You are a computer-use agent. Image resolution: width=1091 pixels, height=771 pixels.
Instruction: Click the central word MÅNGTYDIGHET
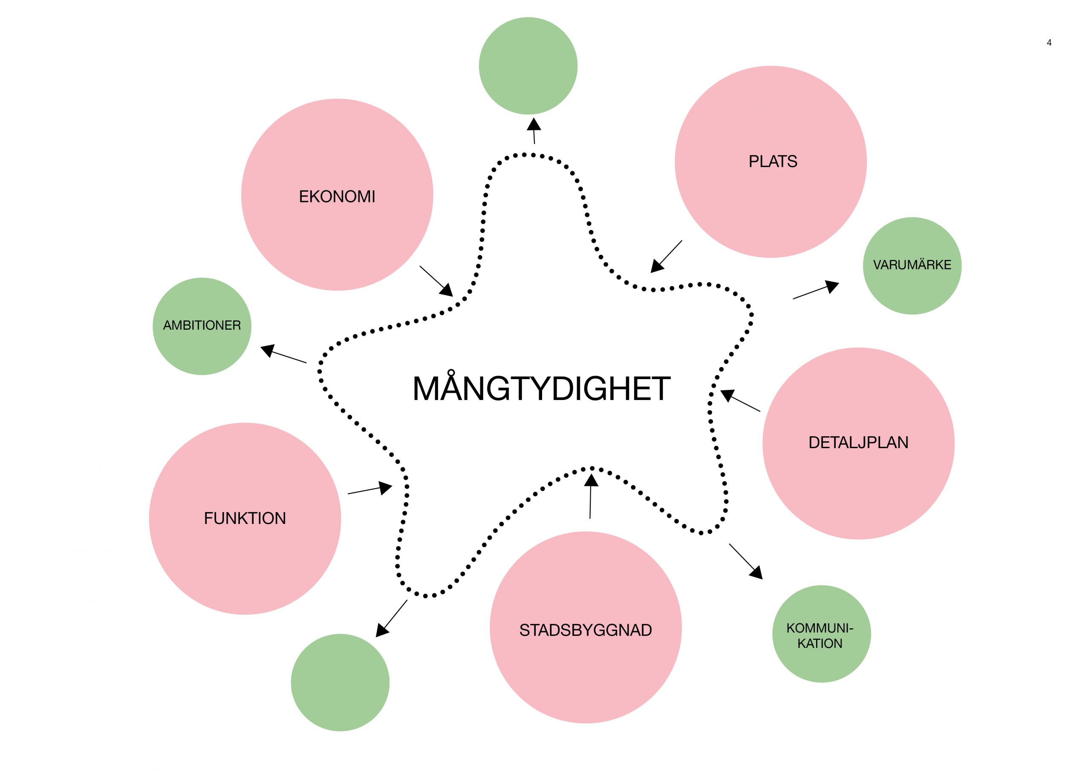[x=541, y=388]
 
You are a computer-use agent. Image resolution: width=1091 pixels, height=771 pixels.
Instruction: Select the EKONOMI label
[x=337, y=197]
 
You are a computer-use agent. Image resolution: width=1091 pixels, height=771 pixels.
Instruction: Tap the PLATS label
[x=773, y=161]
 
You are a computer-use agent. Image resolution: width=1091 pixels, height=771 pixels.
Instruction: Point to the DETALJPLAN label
[x=858, y=443]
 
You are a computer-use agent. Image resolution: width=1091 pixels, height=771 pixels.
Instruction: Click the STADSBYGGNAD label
[x=586, y=630]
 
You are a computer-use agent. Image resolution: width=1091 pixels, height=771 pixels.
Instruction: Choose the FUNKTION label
[x=245, y=518]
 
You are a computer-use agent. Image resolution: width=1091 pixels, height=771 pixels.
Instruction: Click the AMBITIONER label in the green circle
[x=202, y=325]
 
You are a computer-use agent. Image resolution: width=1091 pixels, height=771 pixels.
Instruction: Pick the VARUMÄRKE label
[x=912, y=265]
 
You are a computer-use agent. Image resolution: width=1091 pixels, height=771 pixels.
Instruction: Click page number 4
[x=1049, y=43]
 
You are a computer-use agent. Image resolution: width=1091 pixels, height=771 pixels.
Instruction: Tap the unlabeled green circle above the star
[x=528, y=66]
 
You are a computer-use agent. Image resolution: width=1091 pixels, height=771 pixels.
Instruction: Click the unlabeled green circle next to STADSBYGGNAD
[x=340, y=683]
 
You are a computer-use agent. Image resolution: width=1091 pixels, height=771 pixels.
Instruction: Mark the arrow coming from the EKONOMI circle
[x=436, y=281]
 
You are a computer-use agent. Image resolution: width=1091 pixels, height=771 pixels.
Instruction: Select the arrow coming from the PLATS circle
[x=666, y=256]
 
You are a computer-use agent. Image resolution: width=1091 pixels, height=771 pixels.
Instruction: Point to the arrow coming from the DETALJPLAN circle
[x=740, y=401]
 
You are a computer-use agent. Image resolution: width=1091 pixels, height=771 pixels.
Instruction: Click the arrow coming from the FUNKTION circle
[x=369, y=490]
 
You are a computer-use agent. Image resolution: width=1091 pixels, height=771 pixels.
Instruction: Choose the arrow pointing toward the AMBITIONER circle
[x=284, y=354]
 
